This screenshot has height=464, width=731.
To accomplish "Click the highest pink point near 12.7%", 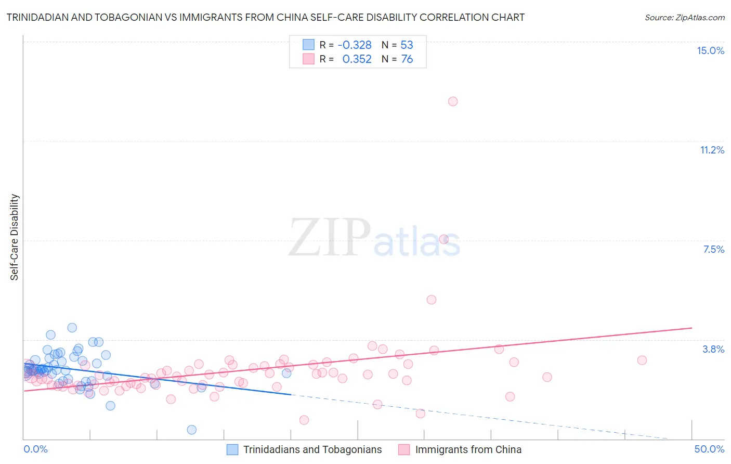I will (x=453, y=101).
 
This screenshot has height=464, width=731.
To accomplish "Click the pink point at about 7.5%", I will (x=444, y=239).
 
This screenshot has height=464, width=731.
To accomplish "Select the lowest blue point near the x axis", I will (x=192, y=430).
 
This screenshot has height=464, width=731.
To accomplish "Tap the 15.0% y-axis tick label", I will (x=710, y=50).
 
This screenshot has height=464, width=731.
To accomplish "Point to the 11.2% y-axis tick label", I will (x=712, y=150).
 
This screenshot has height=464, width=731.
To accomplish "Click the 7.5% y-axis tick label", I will (x=713, y=249).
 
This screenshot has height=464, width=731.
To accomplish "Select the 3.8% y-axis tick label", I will (x=713, y=349).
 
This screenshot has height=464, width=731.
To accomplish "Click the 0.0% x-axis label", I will (x=35, y=449).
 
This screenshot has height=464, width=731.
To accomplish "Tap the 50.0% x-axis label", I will (x=709, y=449).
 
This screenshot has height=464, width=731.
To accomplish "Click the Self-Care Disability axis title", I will (x=15, y=237).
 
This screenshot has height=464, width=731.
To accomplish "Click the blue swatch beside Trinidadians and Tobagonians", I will (x=232, y=449).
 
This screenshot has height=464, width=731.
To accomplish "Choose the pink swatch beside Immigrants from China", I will (x=404, y=449).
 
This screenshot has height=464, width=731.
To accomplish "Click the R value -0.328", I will (x=355, y=45).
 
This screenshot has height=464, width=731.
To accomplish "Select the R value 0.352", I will (x=357, y=59).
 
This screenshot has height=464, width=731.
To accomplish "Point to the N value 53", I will (x=407, y=45).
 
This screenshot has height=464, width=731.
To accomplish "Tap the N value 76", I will (x=407, y=59).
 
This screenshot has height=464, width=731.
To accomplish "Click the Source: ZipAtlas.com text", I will (x=684, y=18).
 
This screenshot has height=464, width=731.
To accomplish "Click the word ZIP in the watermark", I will (x=330, y=238).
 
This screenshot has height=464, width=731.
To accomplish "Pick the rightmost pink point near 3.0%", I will (x=642, y=360).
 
